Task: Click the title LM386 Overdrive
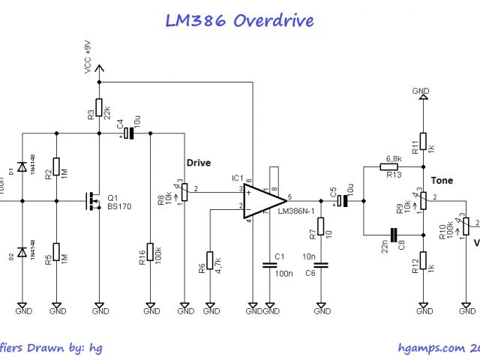pyautogui.click(x=239, y=20)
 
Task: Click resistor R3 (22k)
pyautogui.click(x=100, y=109)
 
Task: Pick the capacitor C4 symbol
pyautogui.click(x=128, y=133)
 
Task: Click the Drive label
pyautogui.click(x=198, y=163)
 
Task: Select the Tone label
pyautogui.click(x=442, y=181)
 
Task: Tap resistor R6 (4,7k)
pyautogui.click(x=210, y=261)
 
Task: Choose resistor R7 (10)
pyautogui.click(x=321, y=226)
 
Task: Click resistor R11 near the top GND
pyautogui.click(x=423, y=141)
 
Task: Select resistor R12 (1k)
pyautogui.click(x=423, y=260)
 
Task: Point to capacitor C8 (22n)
pyautogui.click(x=393, y=233)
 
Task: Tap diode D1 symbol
pyautogui.click(x=22, y=166)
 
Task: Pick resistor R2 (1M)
pyautogui.click(x=57, y=166)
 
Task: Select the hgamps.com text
pyautogui.click(x=431, y=347)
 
